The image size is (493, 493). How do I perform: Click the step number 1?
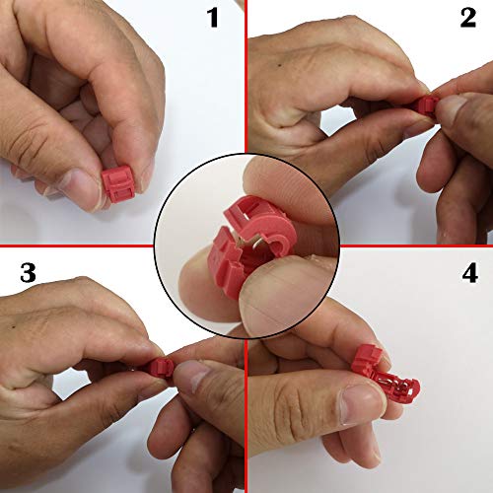213,18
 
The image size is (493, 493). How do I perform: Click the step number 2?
468,18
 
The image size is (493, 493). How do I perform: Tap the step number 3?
28,272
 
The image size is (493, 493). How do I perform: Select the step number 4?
469,272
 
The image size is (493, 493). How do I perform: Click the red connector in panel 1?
118,184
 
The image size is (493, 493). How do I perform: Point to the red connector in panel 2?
427,105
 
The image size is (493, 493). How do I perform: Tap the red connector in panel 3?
161,367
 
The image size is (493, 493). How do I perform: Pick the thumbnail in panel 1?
81,190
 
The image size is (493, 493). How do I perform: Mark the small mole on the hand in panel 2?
279,65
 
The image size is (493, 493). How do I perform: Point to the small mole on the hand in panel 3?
13,327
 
